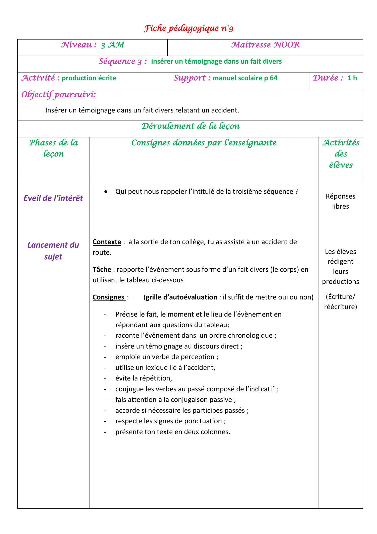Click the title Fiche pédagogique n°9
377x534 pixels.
[x=189, y=29]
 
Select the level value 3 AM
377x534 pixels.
[x=113, y=45]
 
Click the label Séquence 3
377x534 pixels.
[x=123, y=61]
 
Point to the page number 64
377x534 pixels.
[x=273, y=78]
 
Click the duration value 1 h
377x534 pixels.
[x=352, y=78]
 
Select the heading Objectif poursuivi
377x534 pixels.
[x=58, y=95]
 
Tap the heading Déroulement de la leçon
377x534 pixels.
[x=190, y=126]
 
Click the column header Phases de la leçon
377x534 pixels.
[x=54, y=148]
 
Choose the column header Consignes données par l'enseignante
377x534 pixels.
[x=204, y=143]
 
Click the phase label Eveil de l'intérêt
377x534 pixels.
[x=53, y=198]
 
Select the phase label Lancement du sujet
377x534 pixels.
[x=53, y=251]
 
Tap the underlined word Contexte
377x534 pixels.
[x=107, y=242]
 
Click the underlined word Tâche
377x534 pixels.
[x=102, y=270]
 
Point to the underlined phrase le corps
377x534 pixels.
[x=285, y=270]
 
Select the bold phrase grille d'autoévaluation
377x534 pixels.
[x=181, y=297]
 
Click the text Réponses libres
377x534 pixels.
[x=340, y=201]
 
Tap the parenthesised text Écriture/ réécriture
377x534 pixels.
[x=340, y=301]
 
